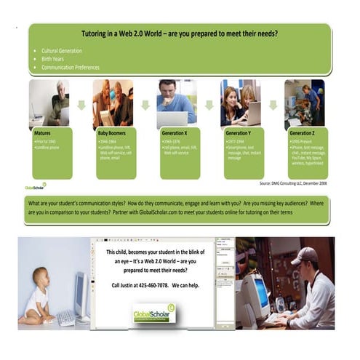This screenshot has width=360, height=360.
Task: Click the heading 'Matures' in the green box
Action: [x=44, y=134]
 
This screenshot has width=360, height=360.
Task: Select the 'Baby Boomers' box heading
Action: [x=113, y=134]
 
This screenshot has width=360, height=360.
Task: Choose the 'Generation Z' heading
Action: [x=303, y=134]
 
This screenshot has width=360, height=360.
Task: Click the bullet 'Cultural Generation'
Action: [x=62, y=51]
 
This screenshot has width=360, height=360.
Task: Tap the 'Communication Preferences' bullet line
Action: [x=71, y=68]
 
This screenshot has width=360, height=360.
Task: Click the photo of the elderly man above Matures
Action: [x=49, y=103]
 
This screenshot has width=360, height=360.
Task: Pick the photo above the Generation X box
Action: [x=177, y=103]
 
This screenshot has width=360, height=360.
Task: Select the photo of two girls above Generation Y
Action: [x=241, y=103]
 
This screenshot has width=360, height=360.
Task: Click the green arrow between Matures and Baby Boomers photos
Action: [x=81, y=105]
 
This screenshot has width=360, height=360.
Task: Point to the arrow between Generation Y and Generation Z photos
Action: [x=273, y=105]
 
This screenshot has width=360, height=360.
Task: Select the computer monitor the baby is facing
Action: [x=79, y=291]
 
